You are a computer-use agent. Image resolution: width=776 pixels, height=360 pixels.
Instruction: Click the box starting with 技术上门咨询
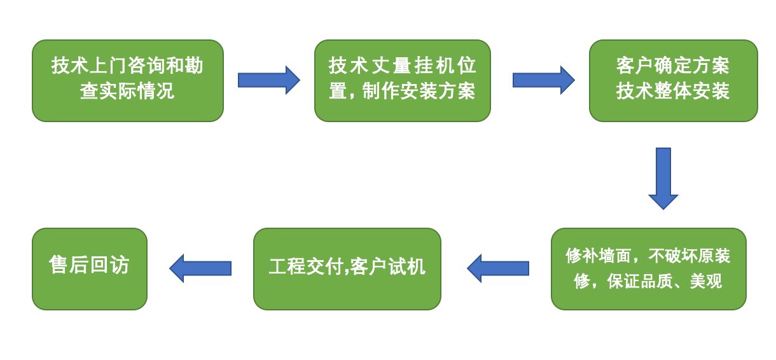click(127, 80)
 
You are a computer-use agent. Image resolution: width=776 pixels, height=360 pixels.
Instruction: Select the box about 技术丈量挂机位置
click(402, 80)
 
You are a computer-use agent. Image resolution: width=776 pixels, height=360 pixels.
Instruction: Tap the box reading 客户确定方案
click(673, 80)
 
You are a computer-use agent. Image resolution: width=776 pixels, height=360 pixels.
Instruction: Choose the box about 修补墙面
click(648, 268)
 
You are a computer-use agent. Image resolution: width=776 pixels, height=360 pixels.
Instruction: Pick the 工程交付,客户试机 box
click(347, 268)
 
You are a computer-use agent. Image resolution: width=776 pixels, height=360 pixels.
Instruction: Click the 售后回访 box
click(89, 268)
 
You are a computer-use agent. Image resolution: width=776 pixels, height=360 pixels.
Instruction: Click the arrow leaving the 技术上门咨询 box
click(268, 80)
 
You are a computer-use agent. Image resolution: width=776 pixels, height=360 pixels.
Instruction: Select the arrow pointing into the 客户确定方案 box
click(543, 80)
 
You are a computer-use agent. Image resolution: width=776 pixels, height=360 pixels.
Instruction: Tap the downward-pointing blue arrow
click(663, 178)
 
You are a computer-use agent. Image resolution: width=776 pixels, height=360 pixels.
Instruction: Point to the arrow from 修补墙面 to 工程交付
click(498, 268)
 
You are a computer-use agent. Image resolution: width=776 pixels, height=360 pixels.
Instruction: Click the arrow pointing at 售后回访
click(200, 268)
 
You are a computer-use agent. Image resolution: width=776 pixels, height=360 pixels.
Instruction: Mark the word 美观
click(705, 280)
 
